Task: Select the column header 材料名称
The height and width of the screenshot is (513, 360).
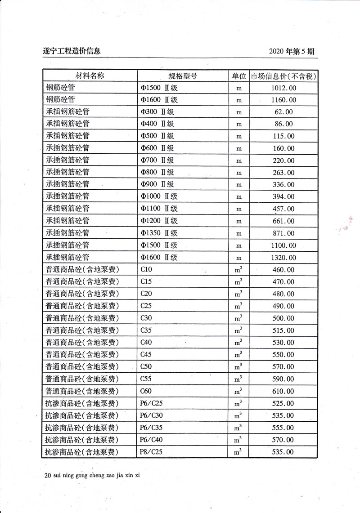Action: click(x=89, y=76)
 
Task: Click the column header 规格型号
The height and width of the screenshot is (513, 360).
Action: click(x=183, y=76)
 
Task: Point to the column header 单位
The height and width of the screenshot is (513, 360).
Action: click(x=239, y=76)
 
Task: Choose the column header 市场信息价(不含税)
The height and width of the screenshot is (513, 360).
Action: click(x=283, y=76)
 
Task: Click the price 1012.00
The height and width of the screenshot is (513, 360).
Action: click(x=283, y=88)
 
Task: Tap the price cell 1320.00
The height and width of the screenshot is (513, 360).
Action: click(x=283, y=258)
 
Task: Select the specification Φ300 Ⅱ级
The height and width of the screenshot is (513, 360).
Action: click(x=157, y=112)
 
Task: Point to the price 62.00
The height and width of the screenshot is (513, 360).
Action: click(x=283, y=112)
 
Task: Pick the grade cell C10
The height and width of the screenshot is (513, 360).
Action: click(x=147, y=270)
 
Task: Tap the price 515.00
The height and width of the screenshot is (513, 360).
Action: click(x=283, y=330)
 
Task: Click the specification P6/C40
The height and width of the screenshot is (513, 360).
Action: click(x=151, y=440)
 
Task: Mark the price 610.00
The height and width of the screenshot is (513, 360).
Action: click(x=283, y=391)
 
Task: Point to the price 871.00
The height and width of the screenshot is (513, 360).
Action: click(x=283, y=233)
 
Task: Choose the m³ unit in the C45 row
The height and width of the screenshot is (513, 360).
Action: click(x=239, y=355)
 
